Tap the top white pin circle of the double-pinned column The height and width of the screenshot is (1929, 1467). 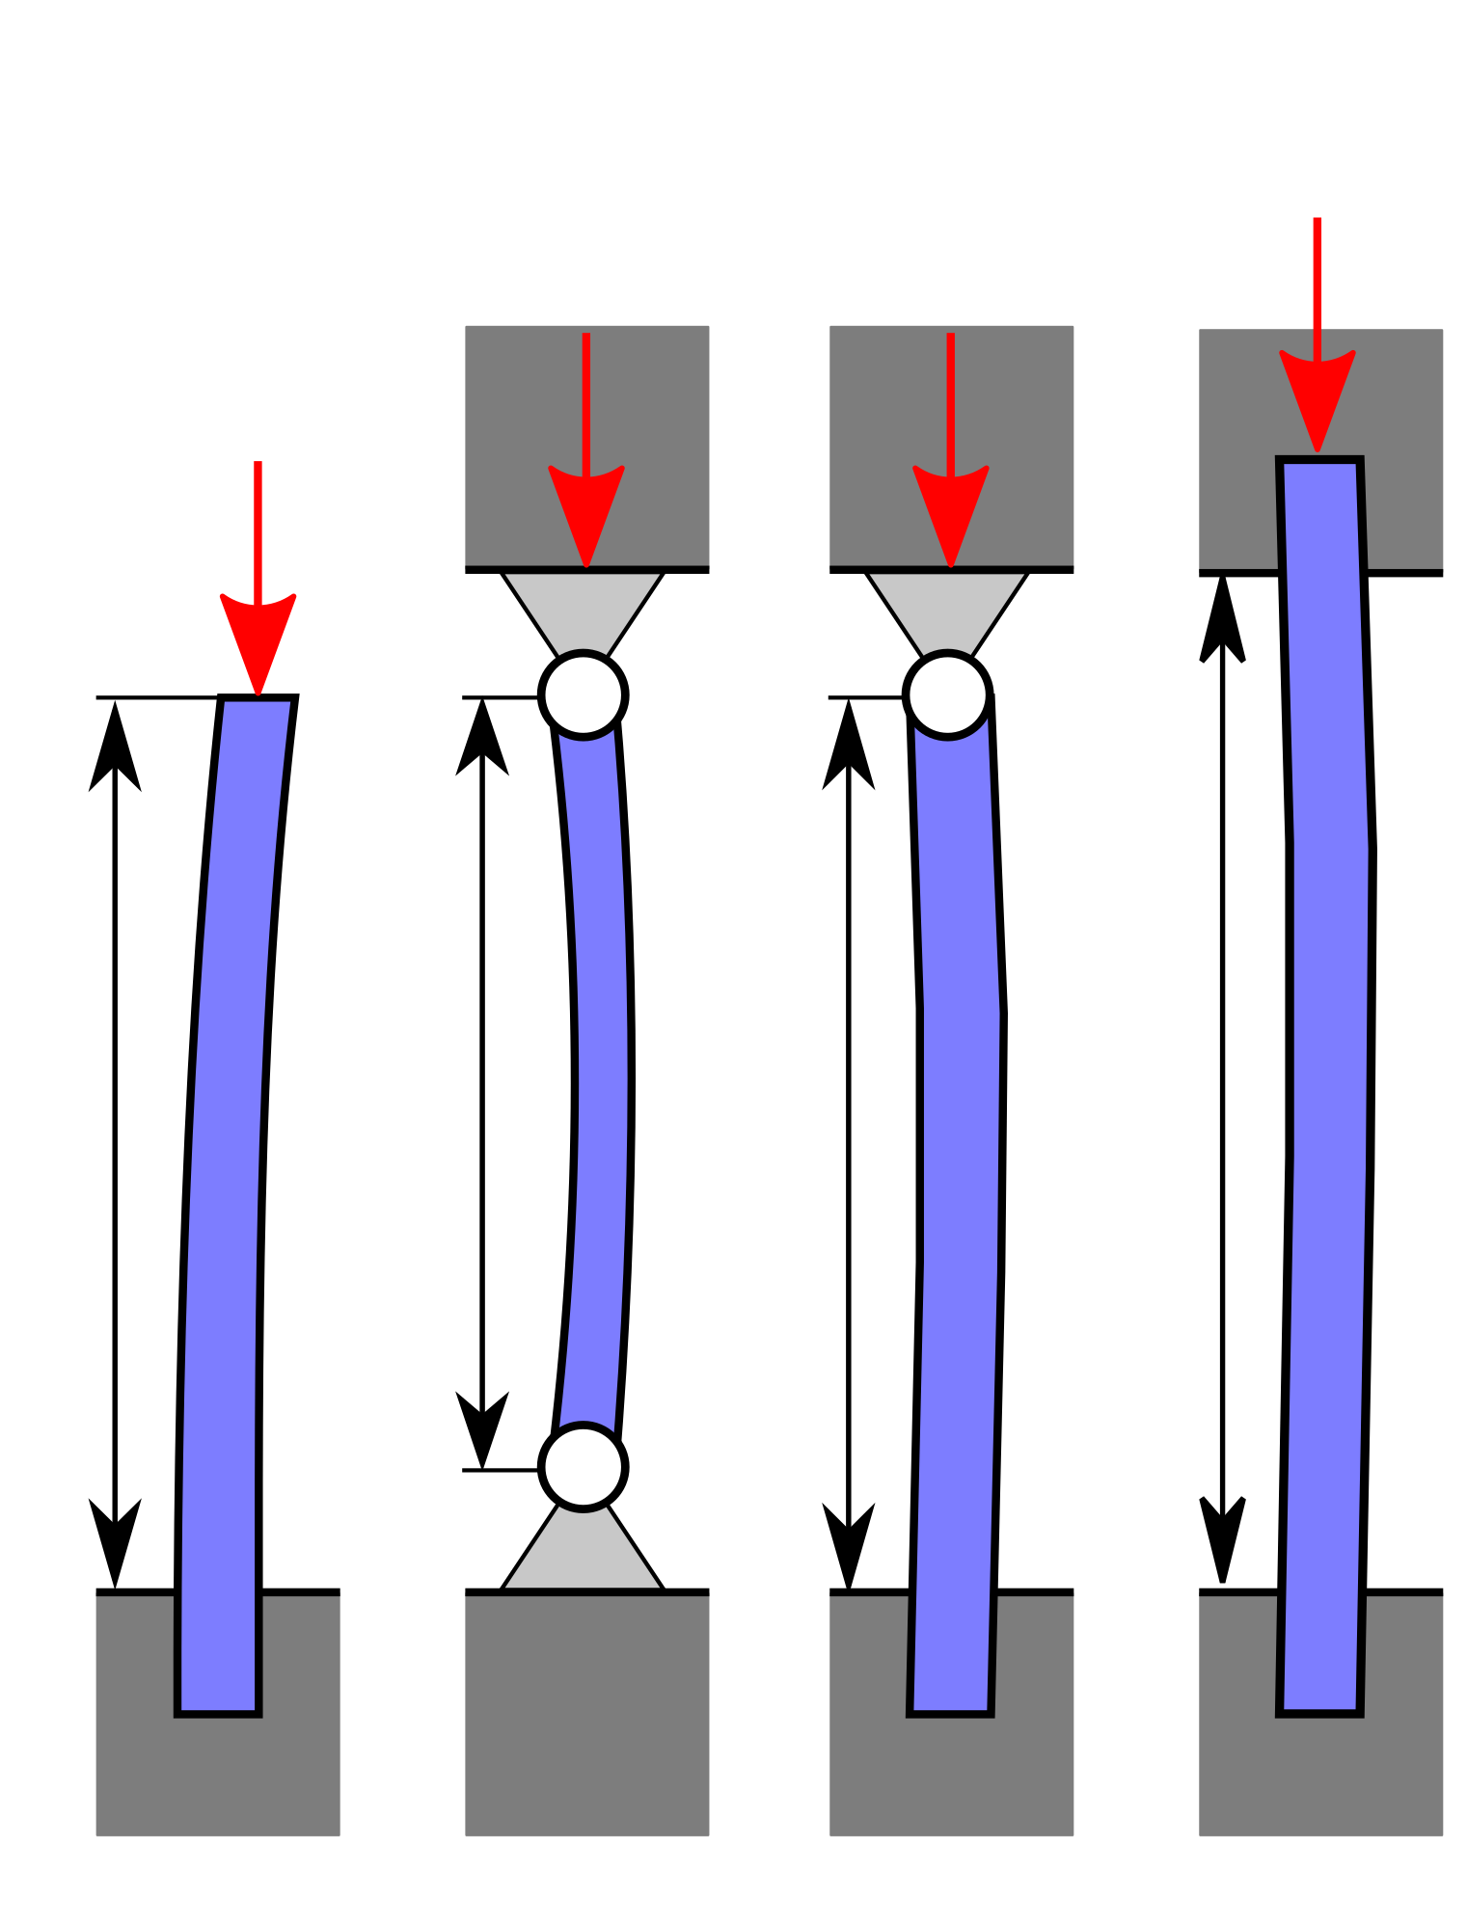click(584, 694)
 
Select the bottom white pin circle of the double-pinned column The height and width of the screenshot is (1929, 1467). click(584, 1466)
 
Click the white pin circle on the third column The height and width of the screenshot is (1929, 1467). click(948, 694)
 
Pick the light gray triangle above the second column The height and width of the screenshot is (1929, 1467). click(583, 608)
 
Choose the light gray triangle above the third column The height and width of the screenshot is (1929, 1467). click(947, 608)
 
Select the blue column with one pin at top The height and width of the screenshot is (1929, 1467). click(961, 1157)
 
